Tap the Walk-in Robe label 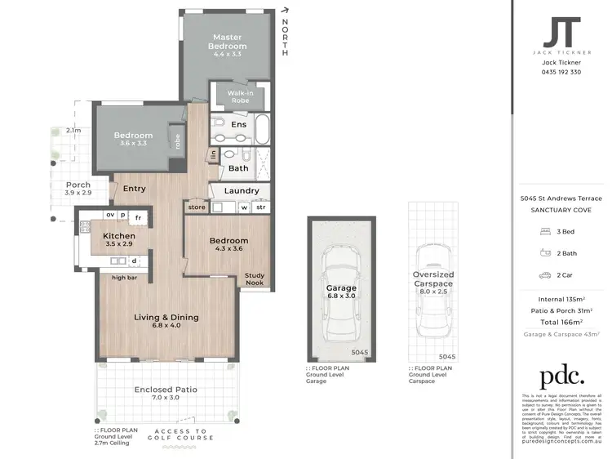[231, 98]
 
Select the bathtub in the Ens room [262, 128]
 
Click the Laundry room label [242, 191]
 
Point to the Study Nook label [255, 279]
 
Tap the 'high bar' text [126, 278]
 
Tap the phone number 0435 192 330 [561, 72]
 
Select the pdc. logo [561, 377]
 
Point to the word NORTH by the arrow [285, 38]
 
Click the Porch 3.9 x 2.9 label [78, 189]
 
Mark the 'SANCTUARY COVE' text [561, 210]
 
